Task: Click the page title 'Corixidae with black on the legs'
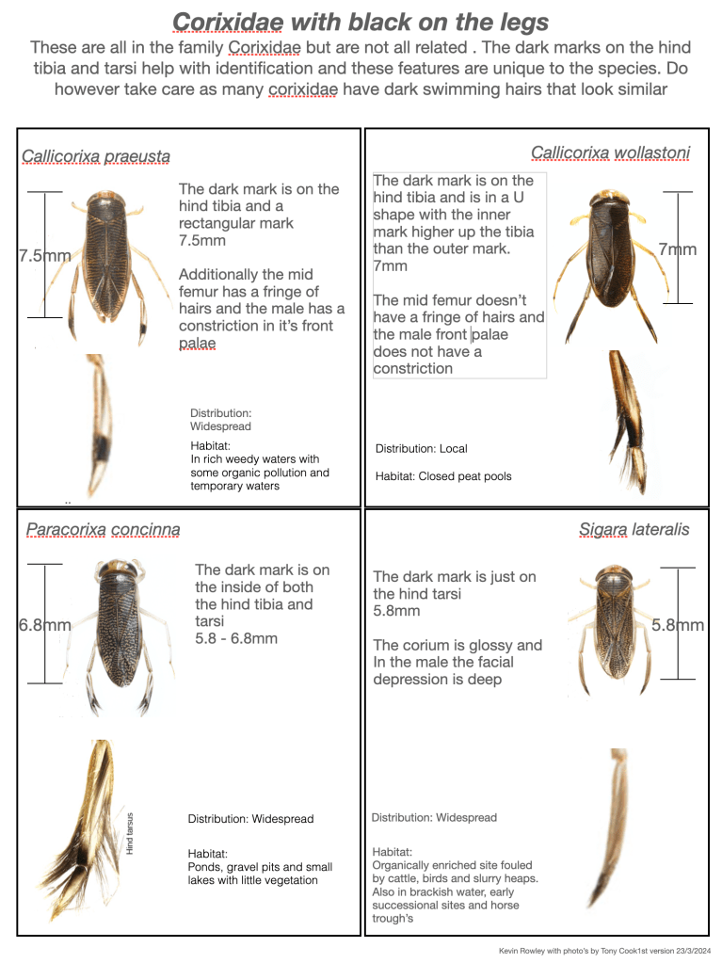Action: coord(361,21)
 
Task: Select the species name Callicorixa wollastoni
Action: coord(610,152)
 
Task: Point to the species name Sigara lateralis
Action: coord(634,529)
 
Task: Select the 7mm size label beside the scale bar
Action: coord(677,249)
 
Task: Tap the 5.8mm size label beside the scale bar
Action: coord(678,624)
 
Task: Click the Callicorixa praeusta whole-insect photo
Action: coord(106,259)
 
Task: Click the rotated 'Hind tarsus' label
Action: coord(130,833)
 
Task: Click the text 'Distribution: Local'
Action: coord(421,448)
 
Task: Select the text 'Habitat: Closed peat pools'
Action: coord(443,476)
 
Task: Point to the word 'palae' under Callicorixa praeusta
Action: coord(197,343)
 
